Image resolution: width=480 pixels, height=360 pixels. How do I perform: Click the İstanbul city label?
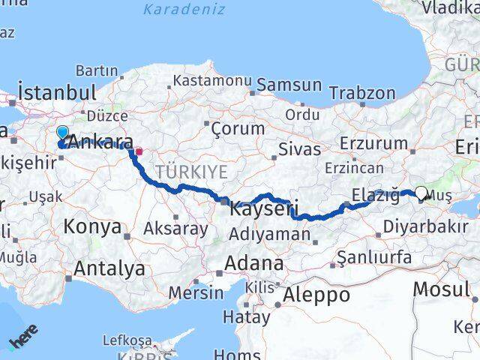tap(57, 93)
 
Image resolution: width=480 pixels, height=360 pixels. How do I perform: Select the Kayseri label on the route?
tap(263, 208)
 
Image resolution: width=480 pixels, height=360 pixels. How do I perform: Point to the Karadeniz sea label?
tap(184, 10)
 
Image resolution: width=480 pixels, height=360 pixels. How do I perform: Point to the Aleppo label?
tap(315, 295)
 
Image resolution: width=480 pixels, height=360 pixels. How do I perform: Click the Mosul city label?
tap(441, 289)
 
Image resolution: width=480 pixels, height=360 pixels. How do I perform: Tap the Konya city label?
tap(92, 226)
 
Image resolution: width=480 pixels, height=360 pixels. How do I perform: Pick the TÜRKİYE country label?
tap(191, 172)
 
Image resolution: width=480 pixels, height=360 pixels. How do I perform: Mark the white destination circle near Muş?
tap(421, 193)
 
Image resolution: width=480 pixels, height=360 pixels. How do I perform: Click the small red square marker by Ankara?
tap(139, 151)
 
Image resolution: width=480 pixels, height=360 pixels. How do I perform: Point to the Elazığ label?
tap(375, 196)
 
